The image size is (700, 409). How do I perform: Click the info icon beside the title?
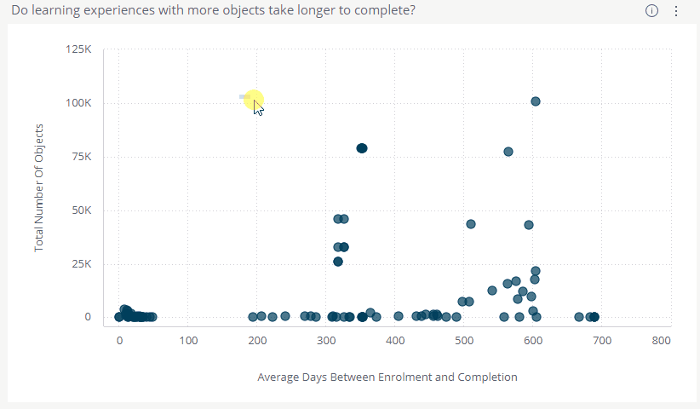pyautogui.click(x=652, y=11)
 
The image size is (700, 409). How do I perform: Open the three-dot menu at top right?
pyautogui.click(x=676, y=11)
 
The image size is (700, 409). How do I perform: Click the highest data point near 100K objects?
pyautogui.click(x=536, y=101)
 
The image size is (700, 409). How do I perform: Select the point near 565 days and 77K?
pyautogui.click(x=508, y=152)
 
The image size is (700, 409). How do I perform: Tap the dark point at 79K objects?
pyautogui.click(x=361, y=148)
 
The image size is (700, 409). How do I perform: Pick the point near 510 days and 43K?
pyautogui.click(x=471, y=224)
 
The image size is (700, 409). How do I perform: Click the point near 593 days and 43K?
pyautogui.click(x=529, y=225)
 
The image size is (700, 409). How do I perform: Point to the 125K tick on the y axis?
pyautogui.click(x=78, y=49)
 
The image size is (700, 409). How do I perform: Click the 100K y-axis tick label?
pyautogui.click(x=78, y=103)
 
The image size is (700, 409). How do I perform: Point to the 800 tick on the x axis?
pyautogui.click(x=661, y=341)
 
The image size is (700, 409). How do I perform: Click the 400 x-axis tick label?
pyautogui.click(x=394, y=341)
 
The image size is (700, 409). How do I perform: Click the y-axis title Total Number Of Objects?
pyautogui.click(x=39, y=188)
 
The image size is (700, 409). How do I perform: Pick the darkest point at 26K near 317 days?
pyautogui.click(x=338, y=262)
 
